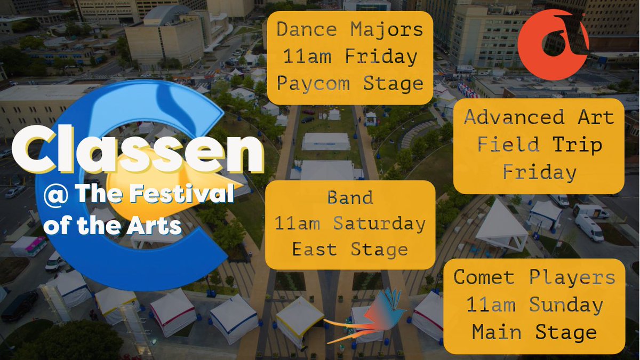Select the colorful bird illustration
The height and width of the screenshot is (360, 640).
pyautogui.click(x=373, y=317)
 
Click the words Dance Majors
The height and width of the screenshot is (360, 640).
pyautogui.click(x=349, y=29)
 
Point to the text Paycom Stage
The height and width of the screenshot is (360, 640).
pyautogui.click(x=349, y=84)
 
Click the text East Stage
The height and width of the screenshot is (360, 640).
pyautogui.click(x=350, y=249)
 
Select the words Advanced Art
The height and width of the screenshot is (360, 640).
pyautogui.click(x=539, y=117)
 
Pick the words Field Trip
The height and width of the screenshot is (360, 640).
pyautogui.click(x=539, y=145)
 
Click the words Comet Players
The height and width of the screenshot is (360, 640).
pyautogui.click(x=534, y=277)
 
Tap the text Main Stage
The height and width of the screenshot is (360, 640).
pyautogui.click(x=534, y=332)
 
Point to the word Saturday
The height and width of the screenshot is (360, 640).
pyautogui.click(x=379, y=223)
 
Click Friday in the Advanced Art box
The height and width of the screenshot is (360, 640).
pyautogui.click(x=539, y=172)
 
